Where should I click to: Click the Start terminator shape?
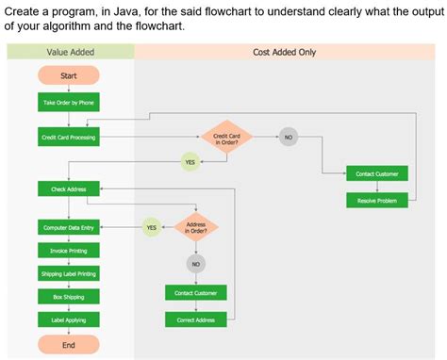click(68, 75)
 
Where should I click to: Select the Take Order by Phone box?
click(68, 101)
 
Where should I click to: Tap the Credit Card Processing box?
click(68, 138)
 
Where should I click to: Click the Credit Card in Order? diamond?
click(226, 139)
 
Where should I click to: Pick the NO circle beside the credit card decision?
click(289, 138)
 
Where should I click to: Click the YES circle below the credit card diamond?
click(190, 162)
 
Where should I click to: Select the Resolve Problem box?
click(378, 201)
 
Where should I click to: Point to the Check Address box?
click(68, 189)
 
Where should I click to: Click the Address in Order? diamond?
click(196, 228)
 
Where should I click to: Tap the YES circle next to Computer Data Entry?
click(151, 227)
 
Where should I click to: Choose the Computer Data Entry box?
click(68, 228)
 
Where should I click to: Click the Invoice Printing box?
click(68, 251)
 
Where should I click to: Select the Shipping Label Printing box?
click(68, 273)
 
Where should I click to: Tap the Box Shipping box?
click(68, 297)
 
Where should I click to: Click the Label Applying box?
click(68, 320)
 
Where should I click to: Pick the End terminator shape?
click(68, 345)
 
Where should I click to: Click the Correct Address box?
click(196, 320)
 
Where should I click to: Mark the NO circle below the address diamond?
click(196, 265)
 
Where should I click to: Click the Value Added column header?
click(69, 53)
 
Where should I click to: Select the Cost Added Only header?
click(285, 53)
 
